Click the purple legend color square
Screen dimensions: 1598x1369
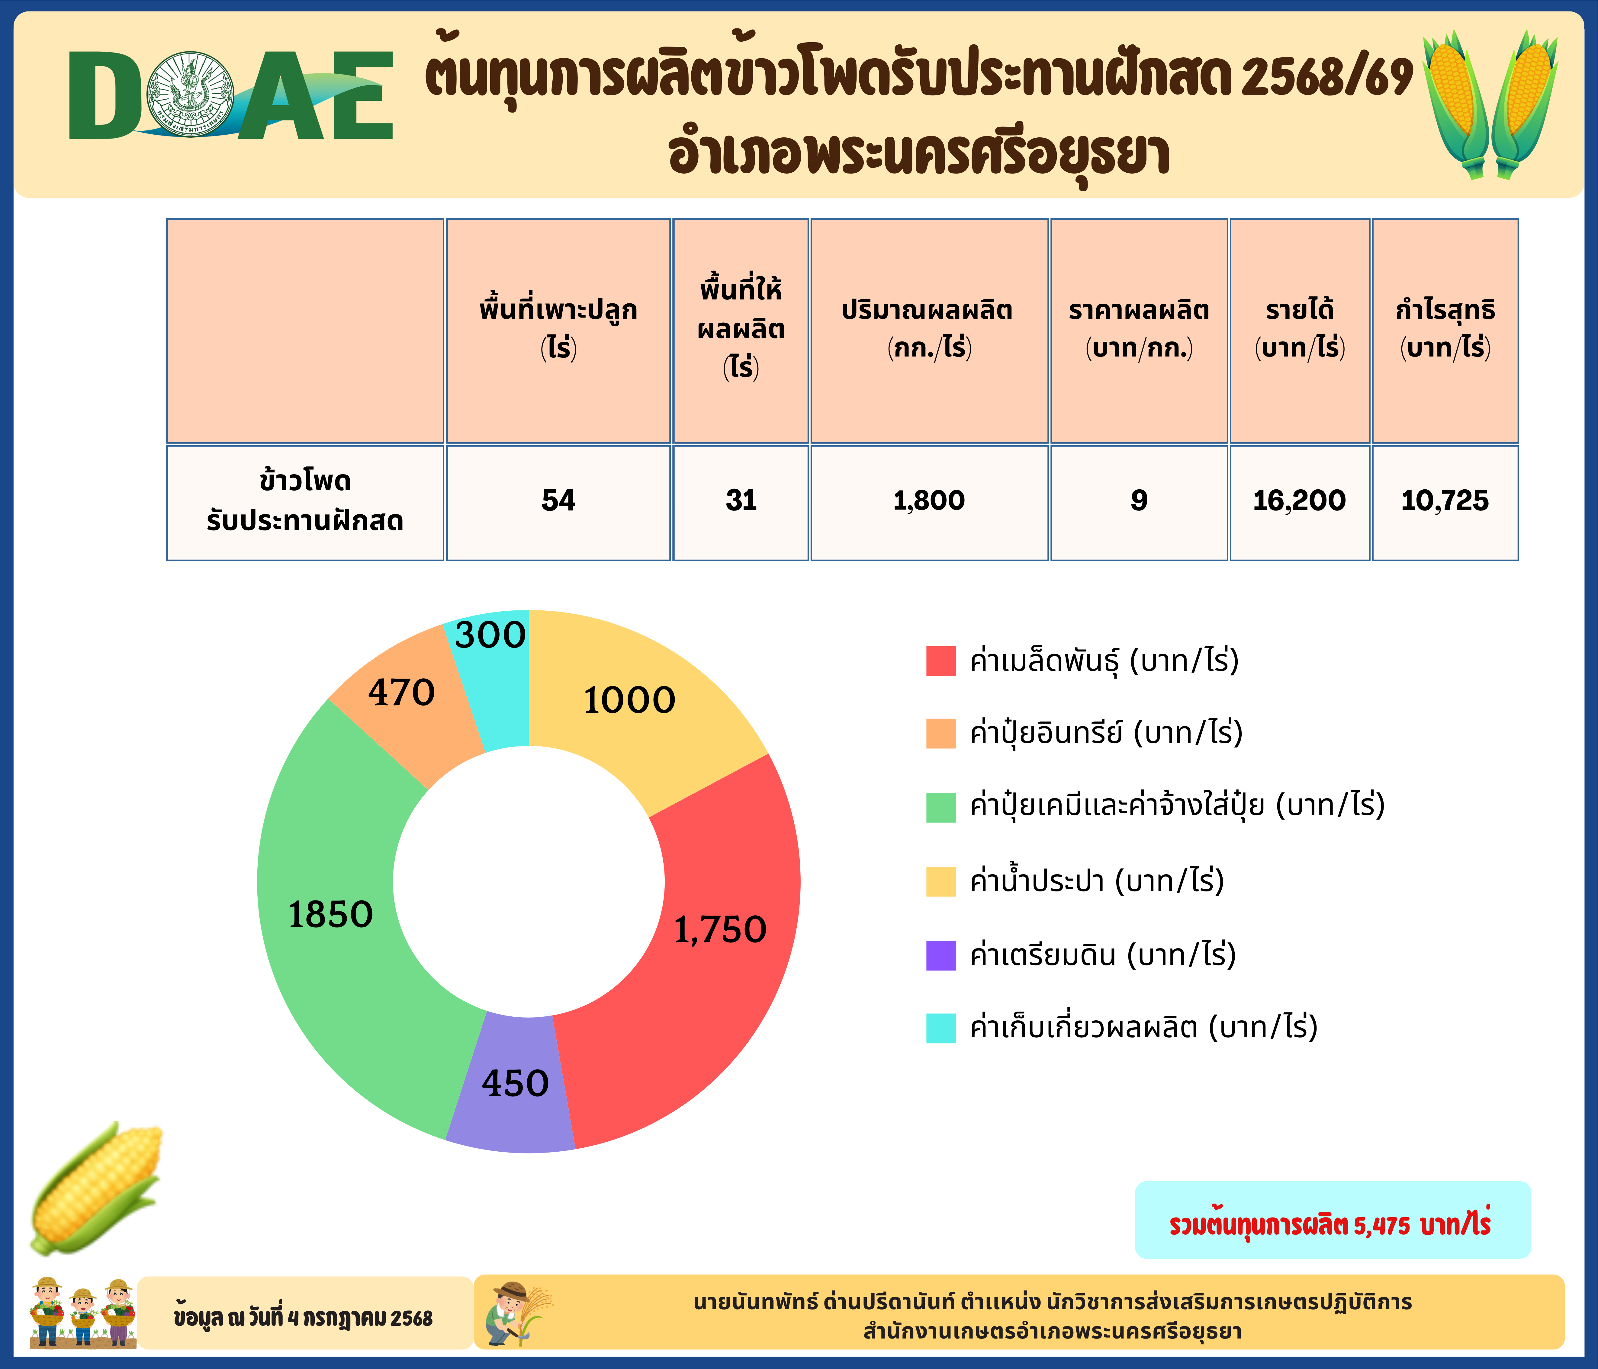[x=941, y=955]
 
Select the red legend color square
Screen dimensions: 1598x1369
[x=941, y=661]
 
